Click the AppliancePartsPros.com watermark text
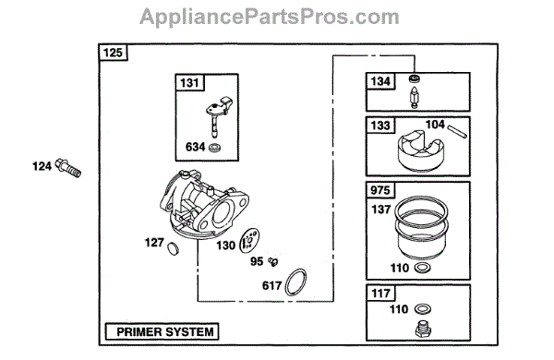tap(270, 17)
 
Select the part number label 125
tap(113, 53)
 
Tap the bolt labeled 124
tap(68, 167)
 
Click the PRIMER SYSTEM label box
tap(163, 331)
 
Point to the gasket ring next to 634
tap(214, 148)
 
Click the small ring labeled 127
tap(173, 248)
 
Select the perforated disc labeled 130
tap(249, 241)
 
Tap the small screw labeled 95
tap(272, 262)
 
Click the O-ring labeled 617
tap(295, 282)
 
